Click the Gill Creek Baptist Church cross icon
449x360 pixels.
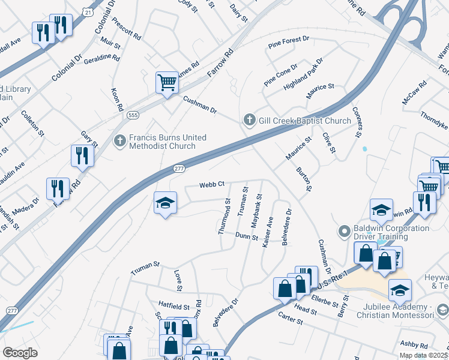(x=250, y=121)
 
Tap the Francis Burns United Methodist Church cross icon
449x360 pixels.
(x=119, y=140)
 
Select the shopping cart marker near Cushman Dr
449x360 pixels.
(x=167, y=83)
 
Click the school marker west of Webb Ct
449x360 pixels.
(x=165, y=203)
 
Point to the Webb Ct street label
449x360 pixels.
(x=212, y=184)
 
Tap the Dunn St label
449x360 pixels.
(x=246, y=236)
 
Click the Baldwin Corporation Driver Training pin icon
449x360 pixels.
(x=345, y=231)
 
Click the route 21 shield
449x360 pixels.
(x=88, y=12)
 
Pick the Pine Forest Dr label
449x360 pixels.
(x=289, y=41)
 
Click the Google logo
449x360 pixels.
(x=20, y=352)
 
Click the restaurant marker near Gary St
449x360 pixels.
(x=82, y=156)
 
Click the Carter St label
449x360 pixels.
(x=289, y=317)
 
